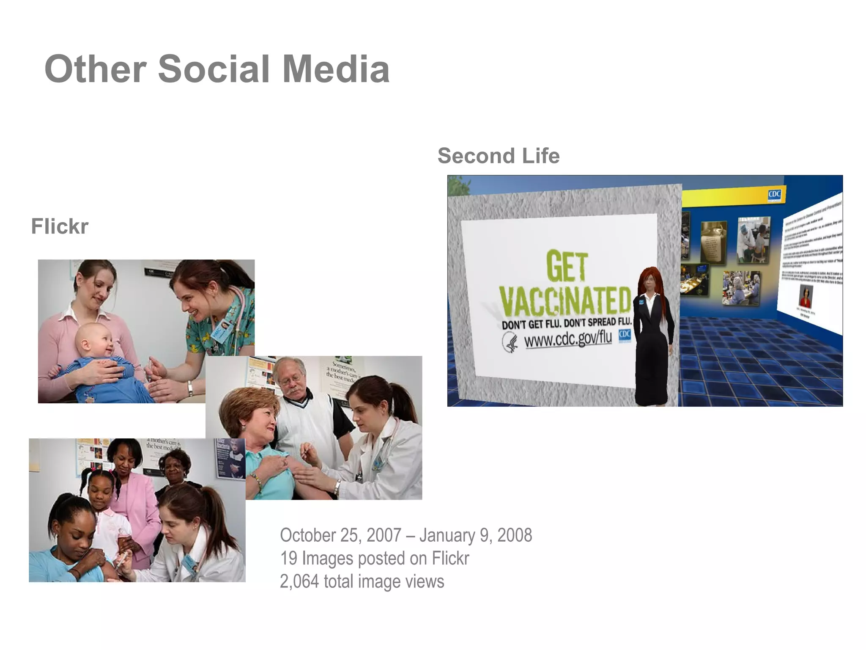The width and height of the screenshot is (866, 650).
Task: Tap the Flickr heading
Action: [x=60, y=226]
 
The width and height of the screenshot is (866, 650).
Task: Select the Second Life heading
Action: [x=499, y=156]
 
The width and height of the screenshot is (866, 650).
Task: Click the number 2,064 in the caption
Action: [x=299, y=581]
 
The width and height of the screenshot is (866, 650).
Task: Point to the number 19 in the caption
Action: [x=288, y=559]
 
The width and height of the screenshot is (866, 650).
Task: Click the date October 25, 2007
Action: [x=340, y=535]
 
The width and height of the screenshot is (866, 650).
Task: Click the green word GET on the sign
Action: [x=567, y=266]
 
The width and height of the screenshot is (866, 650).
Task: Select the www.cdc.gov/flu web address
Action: [x=567, y=339]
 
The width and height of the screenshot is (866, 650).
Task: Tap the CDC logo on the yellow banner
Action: [x=774, y=194]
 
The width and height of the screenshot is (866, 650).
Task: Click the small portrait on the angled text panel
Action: [x=805, y=297]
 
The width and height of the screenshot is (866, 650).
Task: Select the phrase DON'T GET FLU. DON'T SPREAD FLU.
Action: [x=566, y=322]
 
